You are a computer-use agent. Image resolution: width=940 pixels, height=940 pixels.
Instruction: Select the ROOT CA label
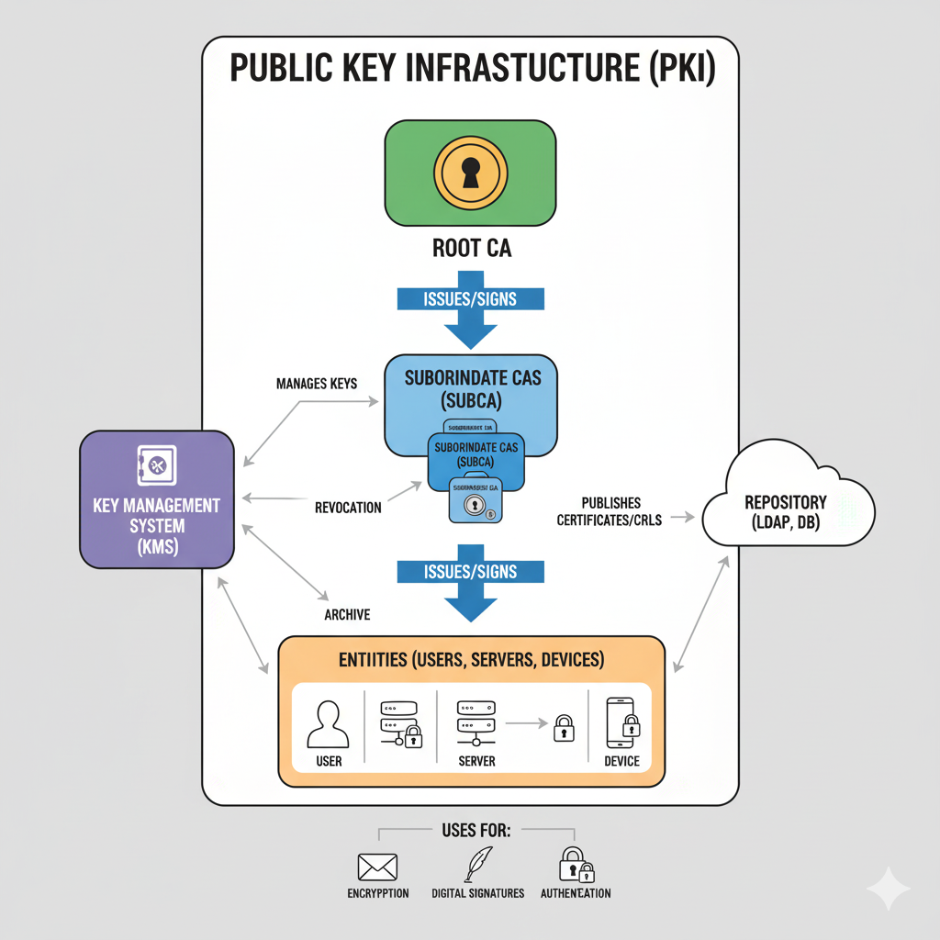[x=470, y=248]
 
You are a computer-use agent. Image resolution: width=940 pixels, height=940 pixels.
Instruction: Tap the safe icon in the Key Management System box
[x=155, y=466]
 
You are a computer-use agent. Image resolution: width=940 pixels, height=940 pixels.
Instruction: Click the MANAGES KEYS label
[x=317, y=383]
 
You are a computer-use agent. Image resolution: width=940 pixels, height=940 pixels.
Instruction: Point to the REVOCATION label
[x=348, y=508]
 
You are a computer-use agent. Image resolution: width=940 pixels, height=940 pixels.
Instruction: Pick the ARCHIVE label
[x=347, y=614]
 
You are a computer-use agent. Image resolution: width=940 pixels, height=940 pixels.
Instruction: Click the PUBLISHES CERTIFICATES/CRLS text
[x=610, y=511]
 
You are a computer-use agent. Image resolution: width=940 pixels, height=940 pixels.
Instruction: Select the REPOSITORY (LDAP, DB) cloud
[x=786, y=510]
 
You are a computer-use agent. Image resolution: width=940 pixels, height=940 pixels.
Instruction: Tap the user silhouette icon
[x=329, y=724]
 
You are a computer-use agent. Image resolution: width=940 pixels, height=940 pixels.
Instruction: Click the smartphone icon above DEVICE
[x=621, y=723]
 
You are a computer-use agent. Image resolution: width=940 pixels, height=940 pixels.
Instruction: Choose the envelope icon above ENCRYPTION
[x=377, y=866]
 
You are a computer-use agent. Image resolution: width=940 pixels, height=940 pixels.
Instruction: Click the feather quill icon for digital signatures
[x=476, y=864]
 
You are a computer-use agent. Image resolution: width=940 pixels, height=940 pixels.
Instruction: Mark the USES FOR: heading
[x=476, y=830]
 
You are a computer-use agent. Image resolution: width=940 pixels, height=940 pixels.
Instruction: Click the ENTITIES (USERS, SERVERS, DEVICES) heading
[x=470, y=659]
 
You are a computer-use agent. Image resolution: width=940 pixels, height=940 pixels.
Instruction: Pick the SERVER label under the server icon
[x=476, y=761]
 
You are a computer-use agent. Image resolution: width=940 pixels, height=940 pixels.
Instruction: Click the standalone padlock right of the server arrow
[x=563, y=728]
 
